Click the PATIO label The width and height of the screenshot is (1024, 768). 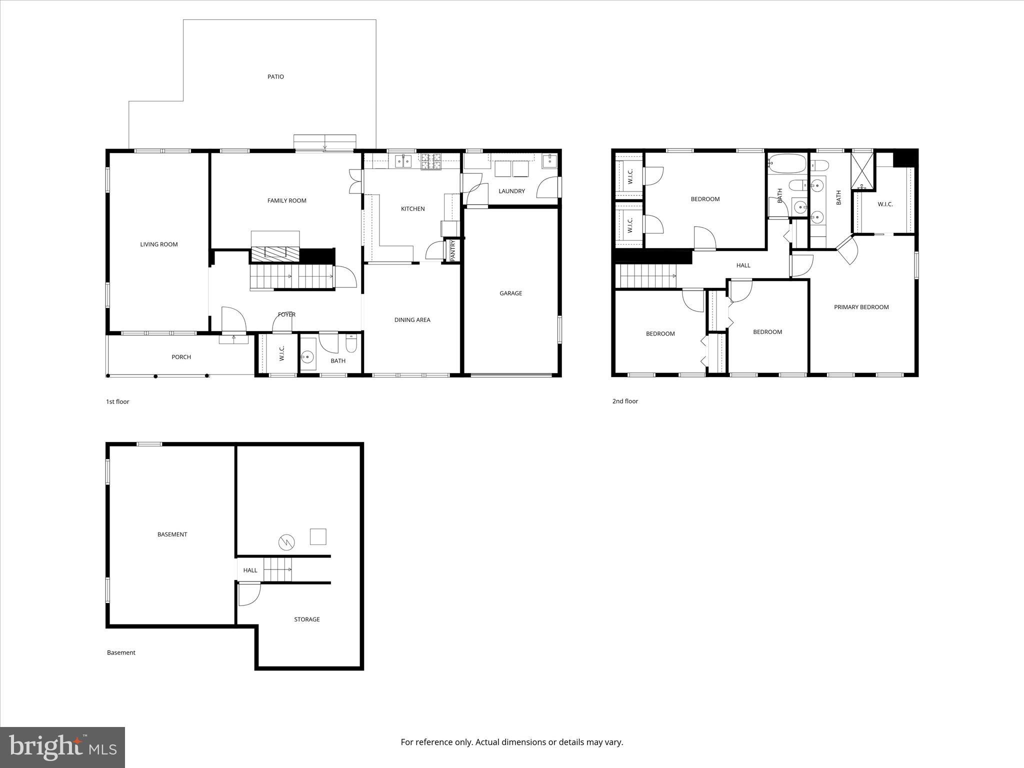275,76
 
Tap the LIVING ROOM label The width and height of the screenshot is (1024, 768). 159,244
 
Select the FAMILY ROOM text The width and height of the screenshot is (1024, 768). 286,200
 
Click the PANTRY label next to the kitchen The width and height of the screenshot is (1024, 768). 452,250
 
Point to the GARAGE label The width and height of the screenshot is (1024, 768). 510,293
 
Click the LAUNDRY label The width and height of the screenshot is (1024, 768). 511,191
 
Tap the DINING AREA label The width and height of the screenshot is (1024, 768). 412,320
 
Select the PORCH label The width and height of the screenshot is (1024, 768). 181,357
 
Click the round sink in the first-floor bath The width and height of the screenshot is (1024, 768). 307,356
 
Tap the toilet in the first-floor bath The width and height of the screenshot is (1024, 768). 351,344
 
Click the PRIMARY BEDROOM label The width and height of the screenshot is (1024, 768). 861,307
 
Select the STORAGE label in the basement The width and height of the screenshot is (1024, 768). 306,619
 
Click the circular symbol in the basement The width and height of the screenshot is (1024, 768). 286,541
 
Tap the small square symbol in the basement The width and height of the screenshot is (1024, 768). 318,536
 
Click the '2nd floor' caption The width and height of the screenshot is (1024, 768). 625,401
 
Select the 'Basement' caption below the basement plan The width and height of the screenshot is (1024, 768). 121,652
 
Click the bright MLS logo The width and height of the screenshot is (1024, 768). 62,748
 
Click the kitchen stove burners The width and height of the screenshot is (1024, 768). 431,160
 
